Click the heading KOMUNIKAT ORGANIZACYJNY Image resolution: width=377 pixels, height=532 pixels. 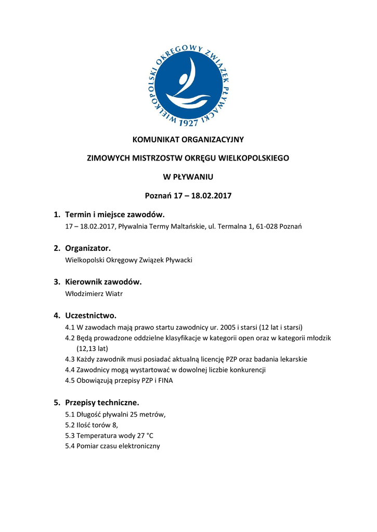(x=188, y=139)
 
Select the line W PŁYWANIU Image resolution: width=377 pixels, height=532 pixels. (x=188, y=177)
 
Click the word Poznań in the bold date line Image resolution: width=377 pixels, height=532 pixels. (x=158, y=196)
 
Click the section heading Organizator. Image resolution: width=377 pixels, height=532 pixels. (x=88, y=248)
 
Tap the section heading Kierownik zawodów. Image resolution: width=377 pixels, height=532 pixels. (x=103, y=282)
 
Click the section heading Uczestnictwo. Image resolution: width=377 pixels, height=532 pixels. (x=90, y=315)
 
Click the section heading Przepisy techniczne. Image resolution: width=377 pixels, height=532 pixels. (x=102, y=402)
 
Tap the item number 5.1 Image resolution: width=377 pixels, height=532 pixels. (x=70, y=414)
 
